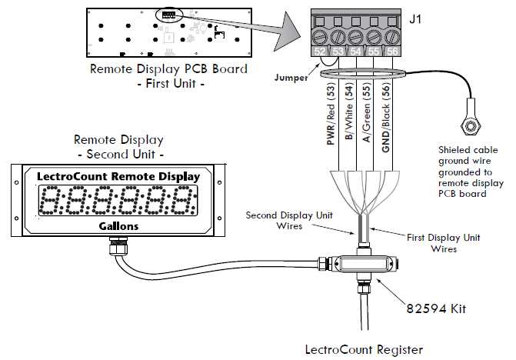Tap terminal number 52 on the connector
[320, 51]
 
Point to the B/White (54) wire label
[348, 124]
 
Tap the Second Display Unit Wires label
[289, 220]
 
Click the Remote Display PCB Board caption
[169, 68]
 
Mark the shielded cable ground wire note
[471, 167]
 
